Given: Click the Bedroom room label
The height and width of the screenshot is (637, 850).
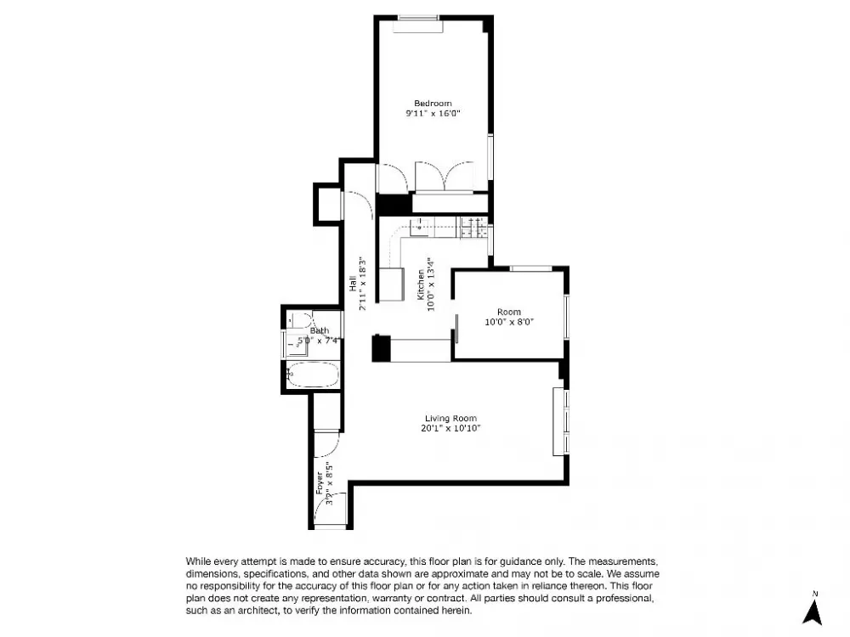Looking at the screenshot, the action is tap(433, 104).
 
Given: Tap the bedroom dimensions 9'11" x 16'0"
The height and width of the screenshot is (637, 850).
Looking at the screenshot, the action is tap(433, 114).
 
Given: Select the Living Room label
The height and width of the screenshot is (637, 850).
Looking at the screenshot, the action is tap(450, 418).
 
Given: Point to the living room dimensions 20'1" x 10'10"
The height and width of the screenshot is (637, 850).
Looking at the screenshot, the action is tap(450, 428).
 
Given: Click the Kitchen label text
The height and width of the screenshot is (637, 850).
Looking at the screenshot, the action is tap(421, 285).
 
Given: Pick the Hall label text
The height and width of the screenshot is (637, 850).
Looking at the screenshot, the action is tap(353, 284).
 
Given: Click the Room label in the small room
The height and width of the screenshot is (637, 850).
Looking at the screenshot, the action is tap(509, 312).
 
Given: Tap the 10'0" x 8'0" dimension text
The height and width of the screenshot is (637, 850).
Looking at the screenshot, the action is tap(509, 322).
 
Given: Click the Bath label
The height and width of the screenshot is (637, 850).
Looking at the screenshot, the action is tap(320, 330).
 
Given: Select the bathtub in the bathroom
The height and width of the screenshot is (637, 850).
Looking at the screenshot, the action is tap(312, 375).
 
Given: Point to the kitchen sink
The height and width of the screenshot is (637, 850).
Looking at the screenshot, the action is tap(419, 228).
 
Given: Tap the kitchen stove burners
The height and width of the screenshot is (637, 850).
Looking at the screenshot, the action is tap(473, 228).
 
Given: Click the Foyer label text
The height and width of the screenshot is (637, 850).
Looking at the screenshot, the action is tap(320, 483).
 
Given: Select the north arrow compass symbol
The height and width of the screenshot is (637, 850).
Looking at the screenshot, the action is tap(813, 609).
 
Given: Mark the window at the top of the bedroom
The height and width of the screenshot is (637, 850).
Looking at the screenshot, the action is tap(418, 18).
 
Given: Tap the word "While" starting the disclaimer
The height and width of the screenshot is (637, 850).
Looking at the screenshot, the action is tap(198, 561).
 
